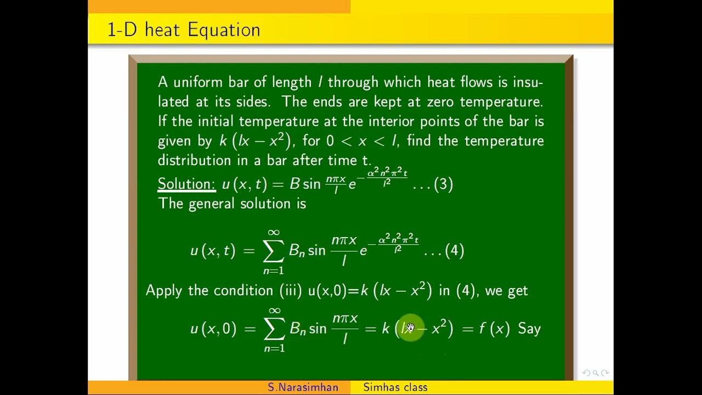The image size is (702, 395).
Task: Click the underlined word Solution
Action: pyautogui.click(x=187, y=184)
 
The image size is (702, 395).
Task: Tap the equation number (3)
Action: pyautogui.click(x=443, y=184)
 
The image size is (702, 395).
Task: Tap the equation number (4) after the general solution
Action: pyautogui.click(x=455, y=251)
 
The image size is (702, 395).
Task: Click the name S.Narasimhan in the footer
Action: pyautogui.click(x=303, y=387)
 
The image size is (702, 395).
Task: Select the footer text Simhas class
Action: pyautogui.click(x=395, y=387)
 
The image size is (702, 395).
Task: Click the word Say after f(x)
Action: pyautogui.click(x=529, y=329)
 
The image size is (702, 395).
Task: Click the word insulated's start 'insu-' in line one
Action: pyautogui.click(x=528, y=82)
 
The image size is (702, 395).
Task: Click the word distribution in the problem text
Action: pyautogui.click(x=193, y=160)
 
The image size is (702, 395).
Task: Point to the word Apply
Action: pyautogui.click(x=165, y=290)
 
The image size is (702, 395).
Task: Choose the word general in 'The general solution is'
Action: pyautogui.click(x=212, y=204)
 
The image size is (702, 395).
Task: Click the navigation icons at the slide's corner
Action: pyautogui.click(x=595, y=373)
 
